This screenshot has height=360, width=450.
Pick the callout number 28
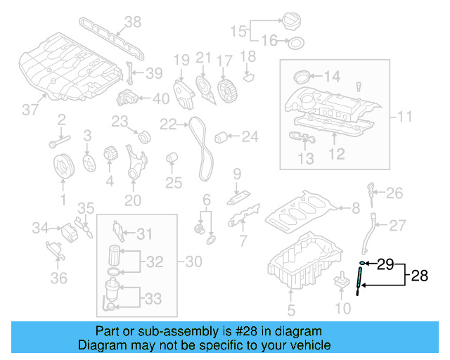tap(419, 276)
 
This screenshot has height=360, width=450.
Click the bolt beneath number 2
tap(56, 143)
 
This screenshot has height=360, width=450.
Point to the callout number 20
tap(133, 200)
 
